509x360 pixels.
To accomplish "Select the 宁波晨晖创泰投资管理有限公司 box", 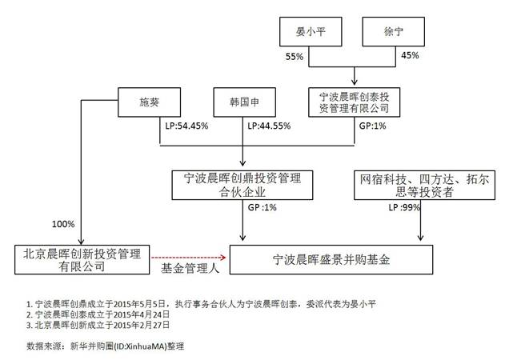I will point(354,102).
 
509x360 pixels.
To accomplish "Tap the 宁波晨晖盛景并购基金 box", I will point(332,259).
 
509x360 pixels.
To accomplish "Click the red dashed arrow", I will point(190,257).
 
